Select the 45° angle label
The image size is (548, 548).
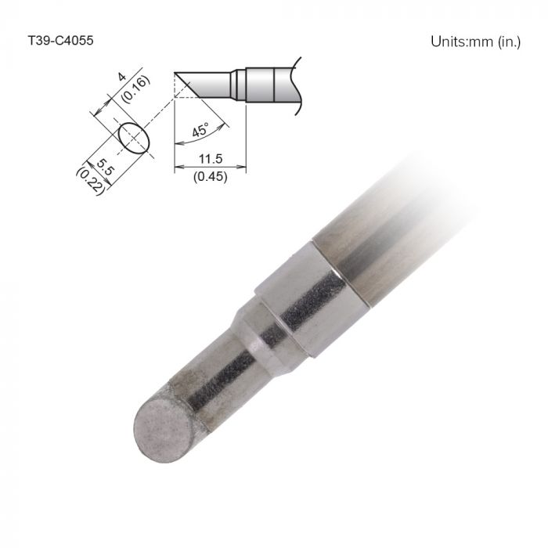point(200,130)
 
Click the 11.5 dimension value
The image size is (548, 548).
point(209,159)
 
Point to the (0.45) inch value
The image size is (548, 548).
point(209,176)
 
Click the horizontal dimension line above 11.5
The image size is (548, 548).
point(209,166)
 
